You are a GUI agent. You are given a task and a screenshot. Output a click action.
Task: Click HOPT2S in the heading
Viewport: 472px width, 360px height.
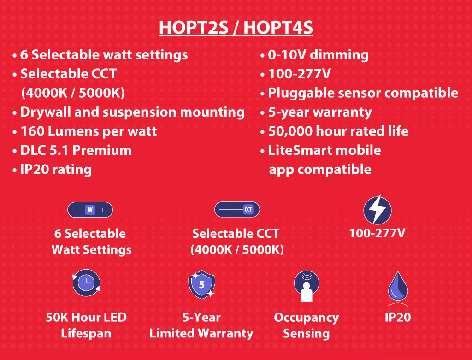point(193,27)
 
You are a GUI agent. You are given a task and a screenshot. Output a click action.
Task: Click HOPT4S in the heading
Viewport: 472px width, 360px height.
point(278,27)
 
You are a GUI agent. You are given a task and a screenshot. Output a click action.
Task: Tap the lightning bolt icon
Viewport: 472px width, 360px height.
point(377,209)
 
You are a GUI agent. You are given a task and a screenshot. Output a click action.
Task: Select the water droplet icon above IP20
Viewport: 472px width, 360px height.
point(398,286)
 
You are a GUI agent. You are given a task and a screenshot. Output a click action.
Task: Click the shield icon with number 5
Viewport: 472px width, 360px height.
point(202,284)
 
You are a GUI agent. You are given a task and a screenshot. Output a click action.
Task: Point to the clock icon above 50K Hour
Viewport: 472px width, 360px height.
point(86,283)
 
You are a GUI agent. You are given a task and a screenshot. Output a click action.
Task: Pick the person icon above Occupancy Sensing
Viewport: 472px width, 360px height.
point(307,286)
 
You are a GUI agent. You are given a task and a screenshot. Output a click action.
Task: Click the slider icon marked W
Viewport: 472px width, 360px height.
point(90,209)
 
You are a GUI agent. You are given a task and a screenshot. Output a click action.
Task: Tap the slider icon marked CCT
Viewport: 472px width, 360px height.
point(237,209)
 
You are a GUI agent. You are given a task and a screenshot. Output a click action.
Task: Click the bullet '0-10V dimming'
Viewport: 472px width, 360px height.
point(314,55)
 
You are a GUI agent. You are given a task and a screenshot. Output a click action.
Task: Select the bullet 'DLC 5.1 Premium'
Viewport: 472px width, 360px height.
point(72,150)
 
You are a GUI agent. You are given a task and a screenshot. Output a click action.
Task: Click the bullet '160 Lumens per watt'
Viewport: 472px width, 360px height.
point(85,131)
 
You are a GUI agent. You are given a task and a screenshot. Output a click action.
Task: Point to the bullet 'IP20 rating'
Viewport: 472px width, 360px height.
point(53,170)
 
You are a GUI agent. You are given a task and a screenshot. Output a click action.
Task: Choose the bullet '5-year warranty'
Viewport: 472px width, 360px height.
point(316,112)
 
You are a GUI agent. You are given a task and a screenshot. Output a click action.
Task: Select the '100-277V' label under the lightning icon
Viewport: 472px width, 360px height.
point(377,233)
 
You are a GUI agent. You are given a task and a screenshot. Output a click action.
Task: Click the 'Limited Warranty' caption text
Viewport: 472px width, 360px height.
point(201,333)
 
